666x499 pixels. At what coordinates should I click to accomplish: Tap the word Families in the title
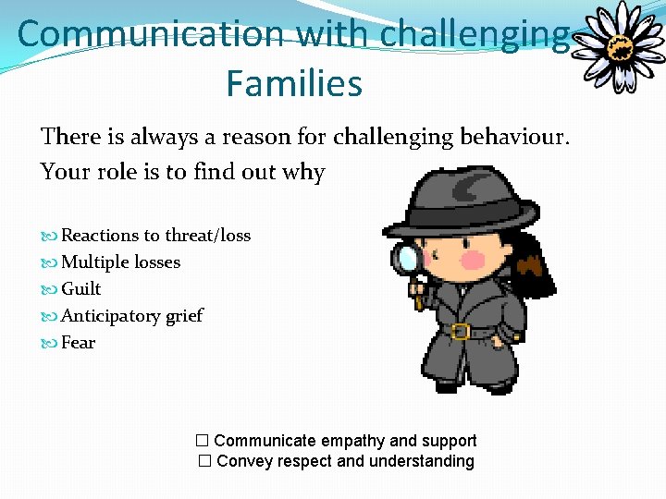293,84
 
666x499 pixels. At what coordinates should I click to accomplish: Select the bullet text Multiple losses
120,262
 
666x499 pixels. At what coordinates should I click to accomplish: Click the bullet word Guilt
80,289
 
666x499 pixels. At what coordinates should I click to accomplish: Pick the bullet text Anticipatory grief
131,316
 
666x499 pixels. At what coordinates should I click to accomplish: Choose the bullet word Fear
78,343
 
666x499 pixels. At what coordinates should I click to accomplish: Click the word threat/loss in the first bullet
208,236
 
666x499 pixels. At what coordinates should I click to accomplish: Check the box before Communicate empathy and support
203,441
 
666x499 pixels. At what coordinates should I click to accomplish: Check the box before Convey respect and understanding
205,461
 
